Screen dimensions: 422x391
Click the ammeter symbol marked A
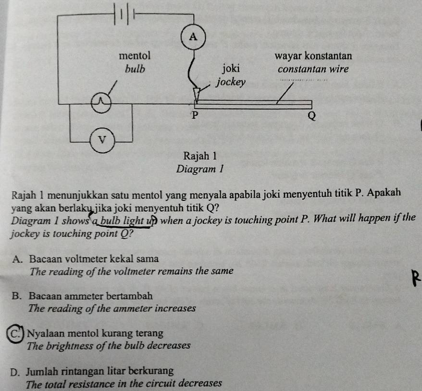tap(193, 37)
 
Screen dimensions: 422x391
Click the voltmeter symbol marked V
tap(102, 140)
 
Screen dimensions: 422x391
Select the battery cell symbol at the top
tap(124, 13)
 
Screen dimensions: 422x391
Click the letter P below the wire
tap(195, 115)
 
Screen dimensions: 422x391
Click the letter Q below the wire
tap(311, 116)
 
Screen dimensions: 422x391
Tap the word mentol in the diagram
tap(135, 56)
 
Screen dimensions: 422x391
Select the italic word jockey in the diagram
tap(231, 82)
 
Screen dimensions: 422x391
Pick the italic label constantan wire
tap(313, 69)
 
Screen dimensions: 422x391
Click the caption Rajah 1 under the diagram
tap(200, 156)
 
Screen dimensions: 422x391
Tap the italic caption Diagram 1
tap(200, 169)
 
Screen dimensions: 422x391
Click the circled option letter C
tap(15, 334)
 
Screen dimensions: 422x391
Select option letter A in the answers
tap(17, 259)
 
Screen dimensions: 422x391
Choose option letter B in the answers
tap(16, 296)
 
